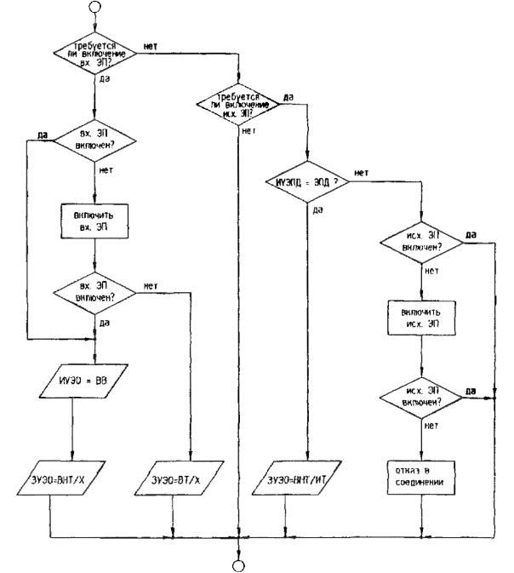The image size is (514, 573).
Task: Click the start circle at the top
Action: pos(94,8)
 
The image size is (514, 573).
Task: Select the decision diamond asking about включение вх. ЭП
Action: pos(94,57)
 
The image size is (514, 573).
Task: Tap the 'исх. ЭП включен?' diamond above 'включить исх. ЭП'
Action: pos(420,244)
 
